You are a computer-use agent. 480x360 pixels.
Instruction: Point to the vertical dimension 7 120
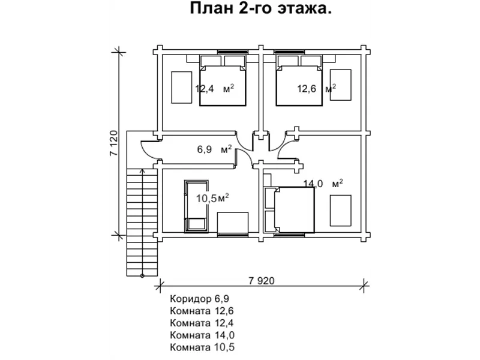(113, 143)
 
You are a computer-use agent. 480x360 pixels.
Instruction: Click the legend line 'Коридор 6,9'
(200, 298)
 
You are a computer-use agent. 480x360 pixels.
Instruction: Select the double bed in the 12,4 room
(223, 81)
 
